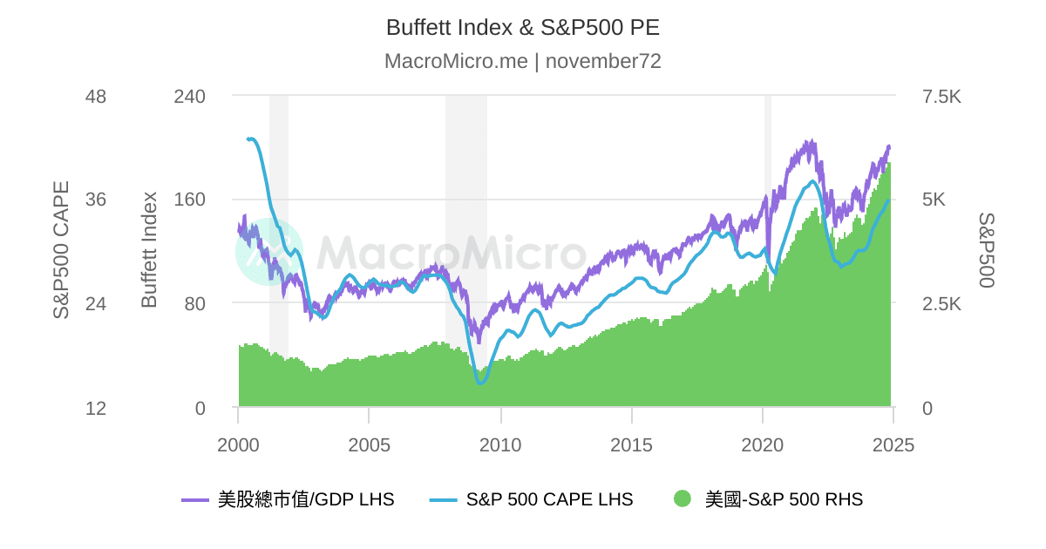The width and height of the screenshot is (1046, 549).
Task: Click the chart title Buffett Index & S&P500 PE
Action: pos(523,27)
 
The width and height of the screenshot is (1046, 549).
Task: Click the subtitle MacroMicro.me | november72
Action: pos(523,61)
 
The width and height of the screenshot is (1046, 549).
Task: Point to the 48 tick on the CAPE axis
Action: pos(95,96)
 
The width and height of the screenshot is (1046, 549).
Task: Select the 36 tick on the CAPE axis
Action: pos(95,200)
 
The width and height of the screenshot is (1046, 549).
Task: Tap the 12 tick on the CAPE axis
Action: pos(95,408)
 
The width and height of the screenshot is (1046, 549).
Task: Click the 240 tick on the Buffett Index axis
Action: pos(190,96)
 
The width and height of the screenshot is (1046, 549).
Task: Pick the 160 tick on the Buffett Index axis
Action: pos(190,200)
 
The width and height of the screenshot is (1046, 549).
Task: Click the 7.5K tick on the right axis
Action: pos(941,96)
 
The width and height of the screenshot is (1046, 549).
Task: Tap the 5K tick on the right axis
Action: pos(934,200)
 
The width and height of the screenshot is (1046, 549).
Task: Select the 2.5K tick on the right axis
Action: pos(941,304)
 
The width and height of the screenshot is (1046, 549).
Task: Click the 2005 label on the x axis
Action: pos(369,445)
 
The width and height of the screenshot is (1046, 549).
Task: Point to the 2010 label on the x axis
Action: pos(500,445)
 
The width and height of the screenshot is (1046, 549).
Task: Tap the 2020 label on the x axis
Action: pos(763,445)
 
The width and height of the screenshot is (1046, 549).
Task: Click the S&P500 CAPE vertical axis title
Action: pos(62,250)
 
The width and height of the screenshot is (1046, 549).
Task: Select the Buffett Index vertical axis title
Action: pos(149,250)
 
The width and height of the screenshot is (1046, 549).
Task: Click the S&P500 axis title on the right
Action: pos(986,250)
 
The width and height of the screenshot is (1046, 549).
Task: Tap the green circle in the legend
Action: pos(683,499)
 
